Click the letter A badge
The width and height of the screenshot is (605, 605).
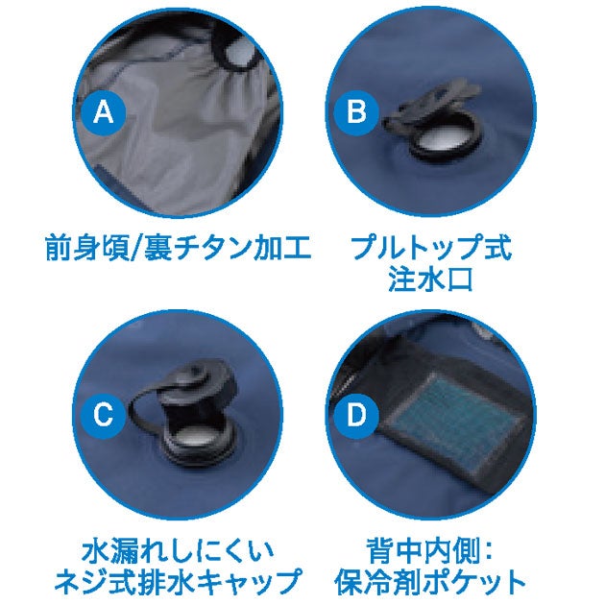click(x=104, y=112)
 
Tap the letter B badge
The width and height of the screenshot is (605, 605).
click(x=356, y=112)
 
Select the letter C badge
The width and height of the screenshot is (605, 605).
click(x=104, y=416)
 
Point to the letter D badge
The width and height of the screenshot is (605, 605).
click(x=356, y=416)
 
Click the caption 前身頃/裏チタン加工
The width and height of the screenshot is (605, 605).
click(x=179, y=248)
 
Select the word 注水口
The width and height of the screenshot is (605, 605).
click(x=430, y=278)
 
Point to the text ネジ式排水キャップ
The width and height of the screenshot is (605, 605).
click(x=179, y=582)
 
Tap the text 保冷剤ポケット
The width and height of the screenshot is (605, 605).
click(x=430, y=582)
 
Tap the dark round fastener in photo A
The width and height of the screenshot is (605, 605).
click(x=236, y=54)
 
